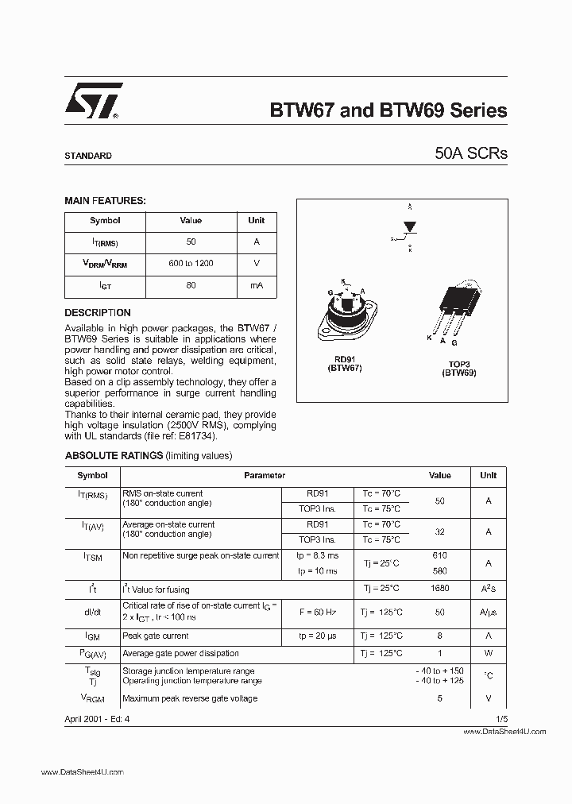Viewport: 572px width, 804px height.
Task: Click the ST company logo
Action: tap(92, 102)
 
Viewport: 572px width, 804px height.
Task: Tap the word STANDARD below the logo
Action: tap(88, 157)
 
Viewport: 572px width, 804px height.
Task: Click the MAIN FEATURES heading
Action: tap(105, 202)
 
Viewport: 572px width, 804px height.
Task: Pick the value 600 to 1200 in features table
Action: tap(191, 263)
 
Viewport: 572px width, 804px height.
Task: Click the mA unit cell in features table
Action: tap(256, 284)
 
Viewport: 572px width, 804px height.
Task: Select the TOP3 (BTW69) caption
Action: tap(458, 368)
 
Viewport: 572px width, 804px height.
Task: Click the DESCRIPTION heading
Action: tap(98, 313)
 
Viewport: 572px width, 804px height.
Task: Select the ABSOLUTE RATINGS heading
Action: tap(114, 456)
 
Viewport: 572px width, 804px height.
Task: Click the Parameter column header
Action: tap(265, 476)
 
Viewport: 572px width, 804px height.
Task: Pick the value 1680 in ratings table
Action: tap(439, 589)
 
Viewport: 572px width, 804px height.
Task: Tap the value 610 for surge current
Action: tap(439, 555)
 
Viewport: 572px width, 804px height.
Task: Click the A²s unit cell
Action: tap(488, 589)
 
